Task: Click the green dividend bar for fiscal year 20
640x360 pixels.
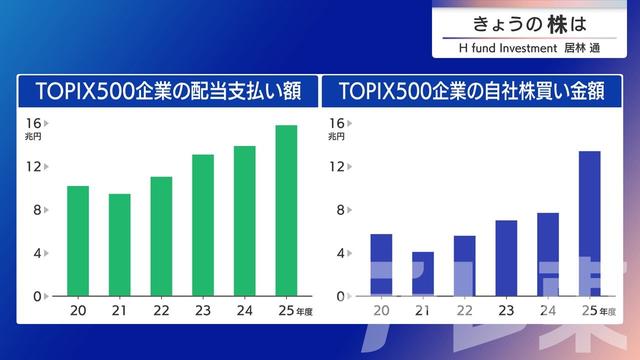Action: tap(78, 241)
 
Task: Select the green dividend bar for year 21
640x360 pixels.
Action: tap(119, 245)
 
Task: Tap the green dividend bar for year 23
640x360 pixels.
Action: tap(203, 225)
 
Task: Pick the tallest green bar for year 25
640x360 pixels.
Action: tap(286, 210)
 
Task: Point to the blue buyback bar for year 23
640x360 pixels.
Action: tap(506, 258)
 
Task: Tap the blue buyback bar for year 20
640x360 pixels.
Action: tap(381, 264)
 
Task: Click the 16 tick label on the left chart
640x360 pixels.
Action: tap(32, 122)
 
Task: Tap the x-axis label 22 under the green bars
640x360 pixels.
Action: tap(161, 311)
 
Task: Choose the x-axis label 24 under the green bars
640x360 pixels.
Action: tap(244, 311)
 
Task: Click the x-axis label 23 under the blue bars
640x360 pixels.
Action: tap(506, 311)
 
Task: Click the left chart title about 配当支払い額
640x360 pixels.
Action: tap(167, 91)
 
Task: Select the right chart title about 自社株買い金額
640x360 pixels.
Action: tap(477, 91)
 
